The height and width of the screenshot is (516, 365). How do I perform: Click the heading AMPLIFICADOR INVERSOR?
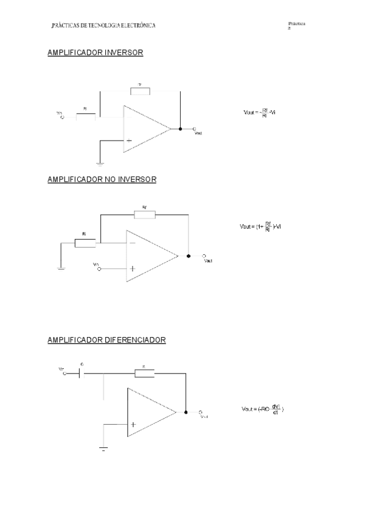pyautogui.click(x=95, y=53)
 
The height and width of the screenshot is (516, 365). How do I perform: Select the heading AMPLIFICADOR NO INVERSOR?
pyautogui.click(x=102, y=180)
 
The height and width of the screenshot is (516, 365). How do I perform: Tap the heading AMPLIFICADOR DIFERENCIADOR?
pyautogui.click(x=106, y=340)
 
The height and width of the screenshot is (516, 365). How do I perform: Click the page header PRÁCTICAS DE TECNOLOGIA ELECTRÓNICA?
pyautogui.click(x=104, y=26)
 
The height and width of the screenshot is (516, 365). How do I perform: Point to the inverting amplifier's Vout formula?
pyautogui.click(x=260, y=112)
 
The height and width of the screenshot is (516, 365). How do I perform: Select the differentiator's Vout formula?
pyautogui.click(x=263, y=409)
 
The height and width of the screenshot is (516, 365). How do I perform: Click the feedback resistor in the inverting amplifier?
pyautogui.click(x=140, y=91)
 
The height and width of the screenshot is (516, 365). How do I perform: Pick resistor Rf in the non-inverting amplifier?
pyautogui.click(x=145, y=214)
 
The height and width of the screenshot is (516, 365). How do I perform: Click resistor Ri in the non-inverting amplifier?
pyautogui.click(x=85, y=243)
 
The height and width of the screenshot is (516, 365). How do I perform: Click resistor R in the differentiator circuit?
pyautogui.click(x=144, y=372)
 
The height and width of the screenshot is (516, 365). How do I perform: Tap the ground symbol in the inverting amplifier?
pyautogui.click(x=100, y=162)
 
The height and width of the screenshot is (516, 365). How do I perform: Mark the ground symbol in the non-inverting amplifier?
pyautogui.click(x=61, y=268)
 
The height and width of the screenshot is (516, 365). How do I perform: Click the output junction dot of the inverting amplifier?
pyautogui.click(x=180, y=129)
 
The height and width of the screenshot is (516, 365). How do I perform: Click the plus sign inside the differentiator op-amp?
pyautogui.click(x=133, y=425)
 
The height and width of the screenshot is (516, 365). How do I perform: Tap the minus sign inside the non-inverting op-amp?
pyautogui.click(x=133, y=243)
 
